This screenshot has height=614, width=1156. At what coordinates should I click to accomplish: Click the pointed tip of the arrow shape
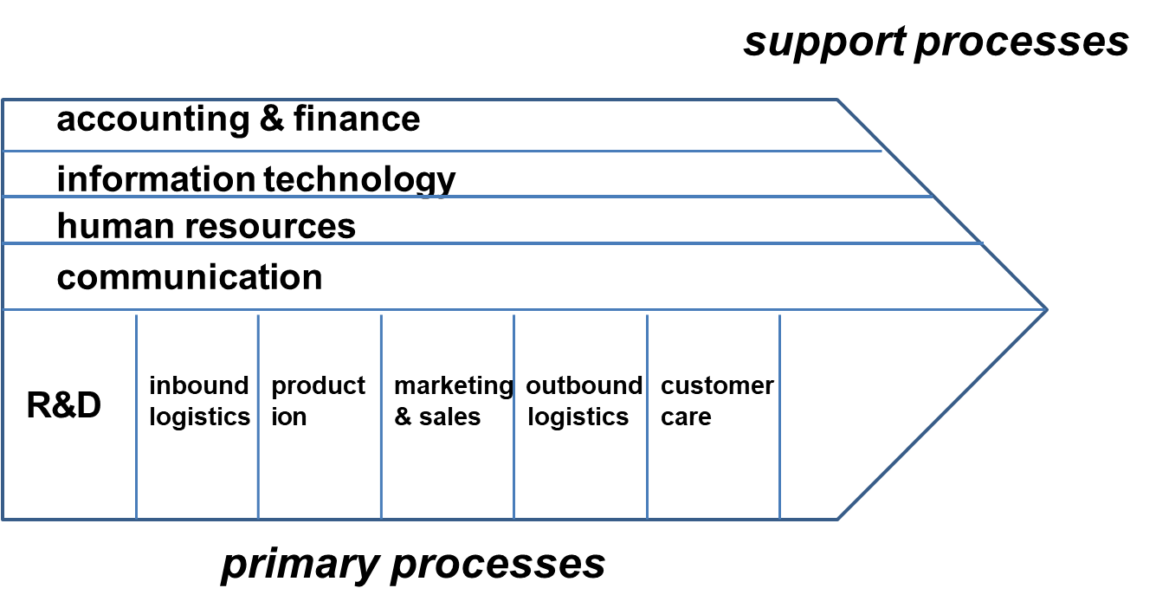pos(1047,309)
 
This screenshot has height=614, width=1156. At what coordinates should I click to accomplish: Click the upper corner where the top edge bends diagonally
pos(837,100)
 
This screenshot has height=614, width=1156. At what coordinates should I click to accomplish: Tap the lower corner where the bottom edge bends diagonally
pos(837,519)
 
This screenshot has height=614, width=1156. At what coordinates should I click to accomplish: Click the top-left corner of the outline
pos(3,100)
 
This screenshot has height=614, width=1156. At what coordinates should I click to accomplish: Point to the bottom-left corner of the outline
pos(3,519)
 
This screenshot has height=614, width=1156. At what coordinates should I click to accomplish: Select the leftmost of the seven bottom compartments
pos(69,415)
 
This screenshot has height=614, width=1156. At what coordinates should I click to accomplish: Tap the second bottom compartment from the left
pos(197,415)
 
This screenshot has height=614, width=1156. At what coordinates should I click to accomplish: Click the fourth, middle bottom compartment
pos(447,415)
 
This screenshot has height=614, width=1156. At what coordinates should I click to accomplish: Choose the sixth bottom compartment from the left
pos(713,415)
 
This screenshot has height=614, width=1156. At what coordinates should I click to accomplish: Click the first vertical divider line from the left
pos(136,416)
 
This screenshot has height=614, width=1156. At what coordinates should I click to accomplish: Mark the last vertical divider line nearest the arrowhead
pos(779,416)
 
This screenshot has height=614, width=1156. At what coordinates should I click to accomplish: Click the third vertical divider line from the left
pos(381,416)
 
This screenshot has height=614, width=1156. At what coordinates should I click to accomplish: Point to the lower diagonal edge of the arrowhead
pos(942,414)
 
